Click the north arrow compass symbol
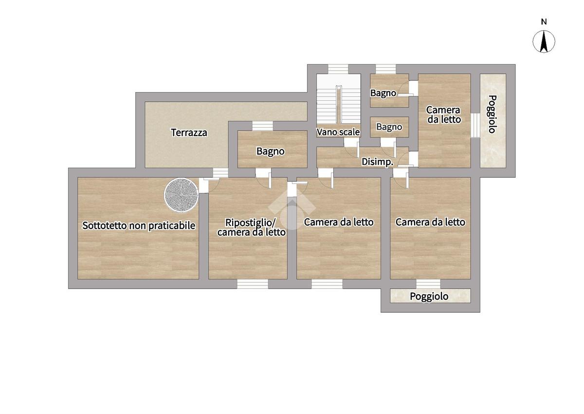pyautogui.click(x=544, y=41)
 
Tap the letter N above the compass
pyautogui.click(x=544, y=22)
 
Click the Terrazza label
pyautogui.click(x=189, y=132)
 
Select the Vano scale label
pyautogui.click(x=338, y=132)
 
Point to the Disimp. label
pyautogui.click(x=377, y=162)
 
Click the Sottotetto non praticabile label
pyautogui.click(x=139, y=226)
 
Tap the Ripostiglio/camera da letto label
pyautogui.click(x=251, y=227)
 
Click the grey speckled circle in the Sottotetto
pyautogui.click(x=181, y=195)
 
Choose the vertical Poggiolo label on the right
pyautogui.click(x=492, y=114)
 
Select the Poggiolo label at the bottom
pyautogui.click(x=429, y=297)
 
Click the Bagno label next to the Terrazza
pyautogui.click(x=271, y=151)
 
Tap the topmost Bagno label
pyautogui.click(x=383, y=93)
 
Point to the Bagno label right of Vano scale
pyautogui.click(x=389, y=127)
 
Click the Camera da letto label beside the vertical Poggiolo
pyautogui.click(x=444, y=115)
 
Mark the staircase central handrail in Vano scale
pyautogui.click(x=339, y=104)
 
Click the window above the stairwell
pyautogui.click(x=338, y=69)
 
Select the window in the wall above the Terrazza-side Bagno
pyautogui.click(x=262, y=126)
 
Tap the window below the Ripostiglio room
pyautogui.click(x=253, y=284)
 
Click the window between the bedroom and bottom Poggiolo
pyautogui.click(x=428, y=284)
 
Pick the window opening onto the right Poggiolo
pyautogui.click(x=475, y=125)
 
